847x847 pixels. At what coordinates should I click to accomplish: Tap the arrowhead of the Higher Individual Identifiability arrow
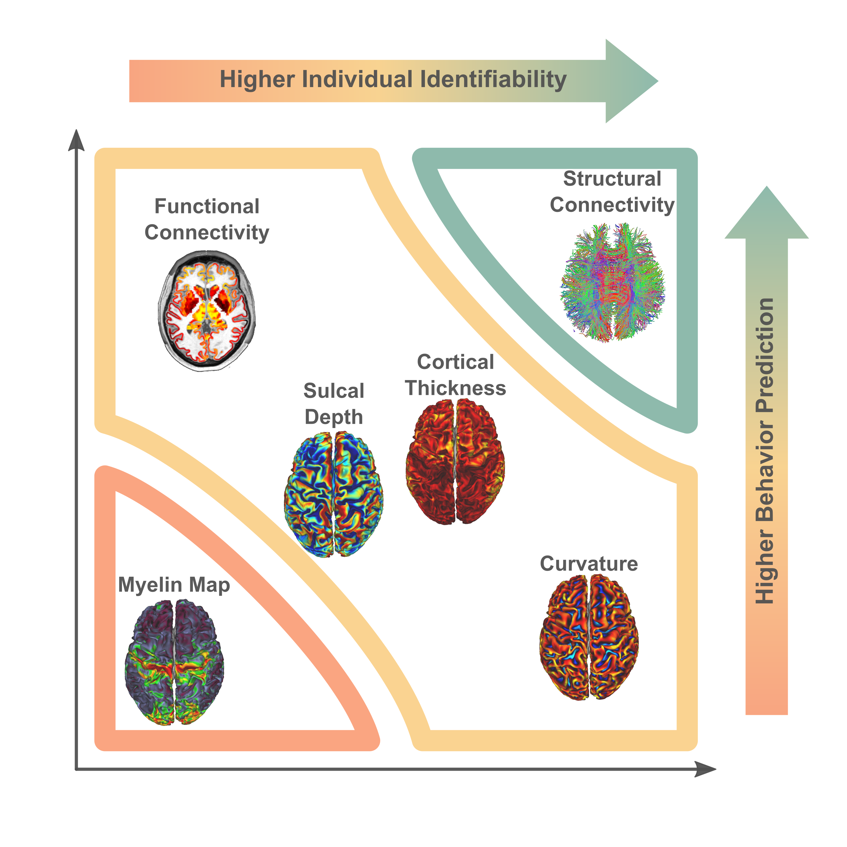point(631,81)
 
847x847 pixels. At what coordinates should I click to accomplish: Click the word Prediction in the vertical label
point(765,355)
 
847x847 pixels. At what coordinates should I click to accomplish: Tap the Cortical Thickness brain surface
point(455,462)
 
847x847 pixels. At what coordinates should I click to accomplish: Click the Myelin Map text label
point(174,585)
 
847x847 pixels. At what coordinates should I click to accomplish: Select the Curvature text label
point(589,564)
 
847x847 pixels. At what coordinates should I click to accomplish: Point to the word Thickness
point(456,388)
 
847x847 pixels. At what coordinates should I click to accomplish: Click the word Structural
point(612,179)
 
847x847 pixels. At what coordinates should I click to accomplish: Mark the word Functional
point(207,207)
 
